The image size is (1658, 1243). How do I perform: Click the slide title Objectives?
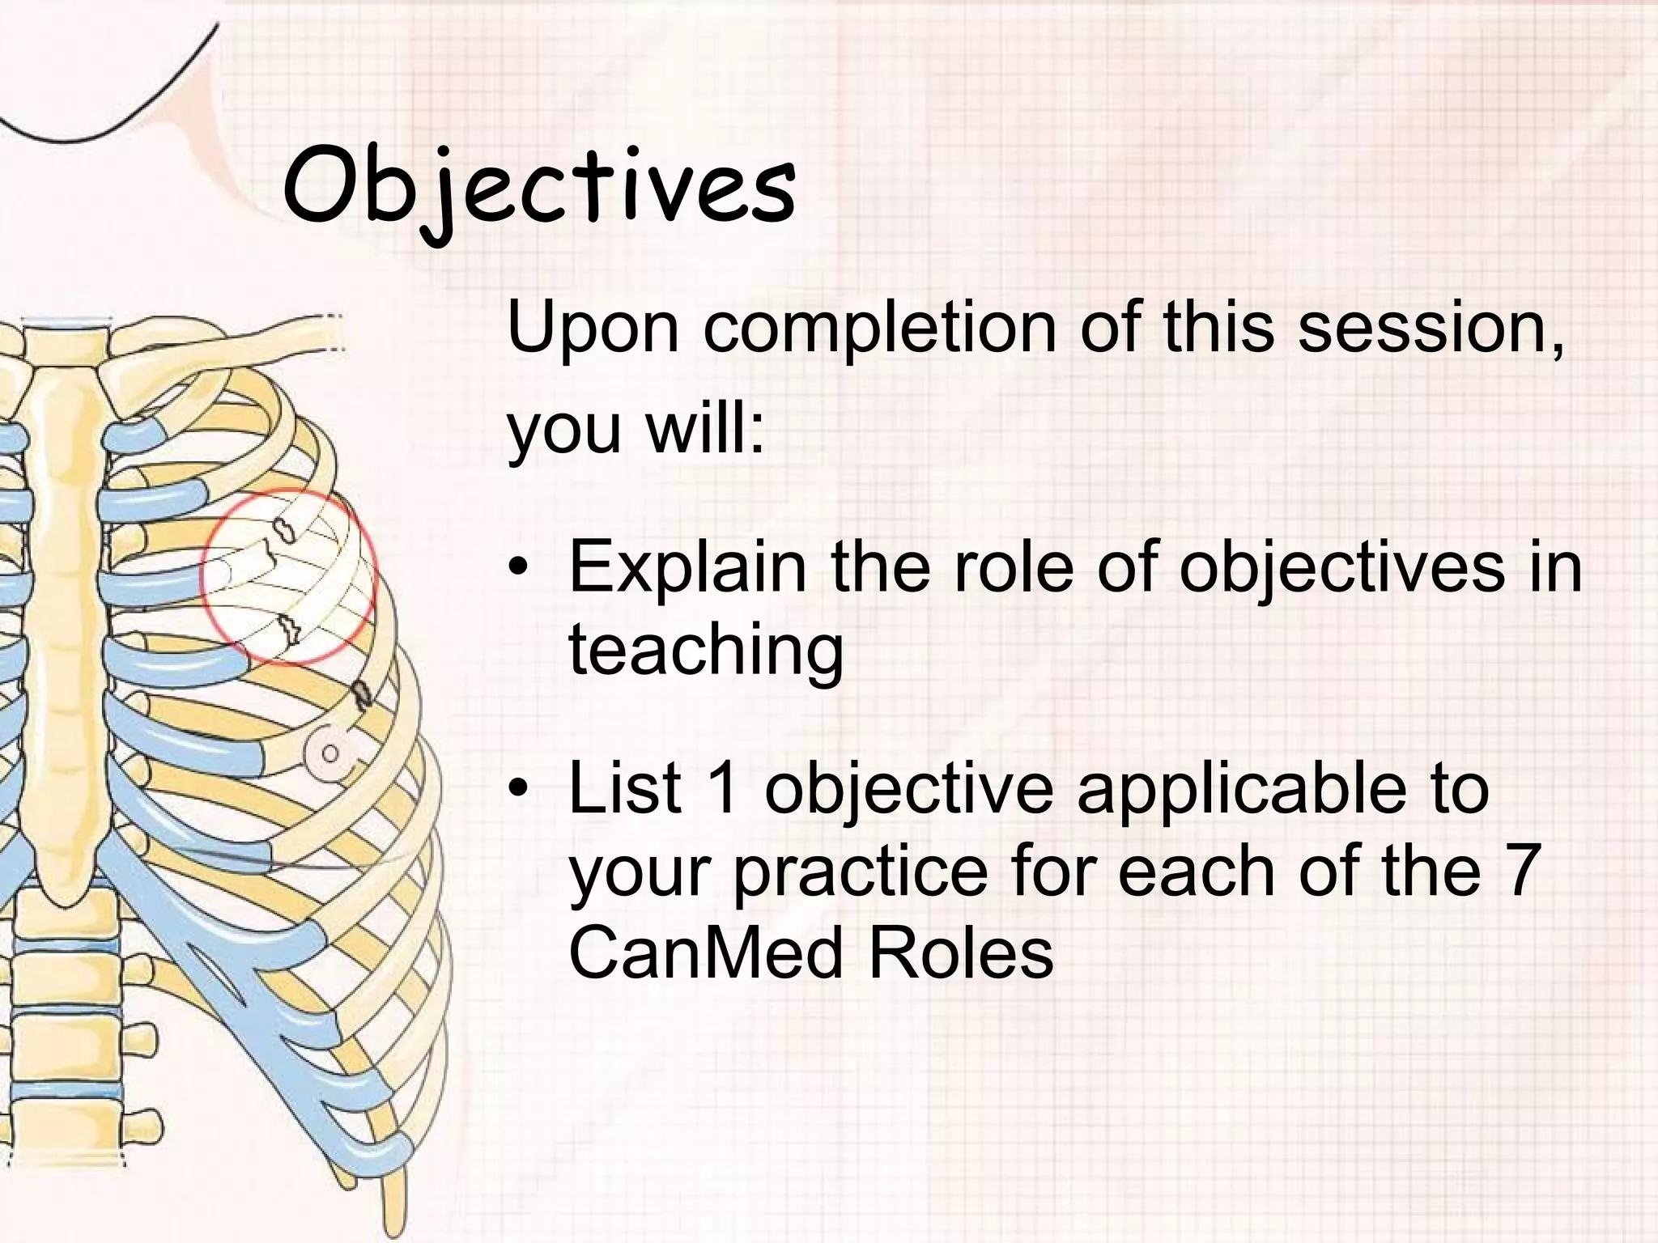[539, 190]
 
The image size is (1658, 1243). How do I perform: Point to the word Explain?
[687, 568]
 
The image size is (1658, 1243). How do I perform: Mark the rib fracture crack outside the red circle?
[361, 694]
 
